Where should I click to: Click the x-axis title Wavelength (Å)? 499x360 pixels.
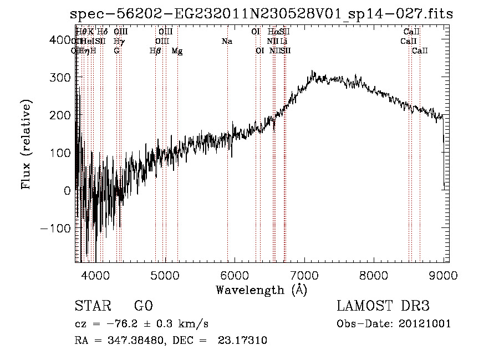(262, 290)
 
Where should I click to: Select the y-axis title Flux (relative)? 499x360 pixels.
(27, 145)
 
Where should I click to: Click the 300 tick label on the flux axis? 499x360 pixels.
(60, 77)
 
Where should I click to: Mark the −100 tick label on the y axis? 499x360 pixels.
(55, 228)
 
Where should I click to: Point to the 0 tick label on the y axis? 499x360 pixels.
(67, 190)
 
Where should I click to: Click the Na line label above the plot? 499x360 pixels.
(227, 41)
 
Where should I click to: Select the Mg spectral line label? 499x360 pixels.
(177, 50)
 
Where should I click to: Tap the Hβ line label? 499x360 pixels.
(155, 50)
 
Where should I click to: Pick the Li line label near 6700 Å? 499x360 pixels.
(283, 41)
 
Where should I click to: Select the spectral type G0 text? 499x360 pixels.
(143, 306)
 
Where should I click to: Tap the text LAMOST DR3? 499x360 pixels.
(383, 306)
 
